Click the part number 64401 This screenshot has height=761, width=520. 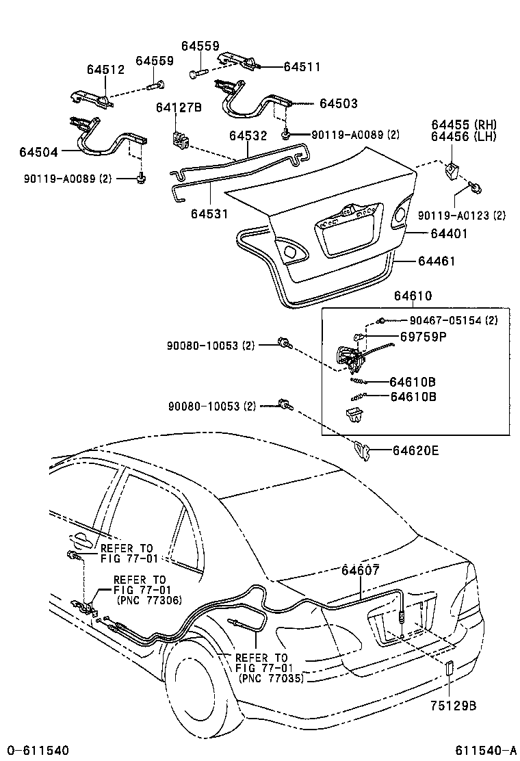point(449,234)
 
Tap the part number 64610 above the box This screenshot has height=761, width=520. point(413,296)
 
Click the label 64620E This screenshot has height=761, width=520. point(416,450)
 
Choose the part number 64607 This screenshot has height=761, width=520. point(360,570)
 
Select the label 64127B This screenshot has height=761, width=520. point(179,107)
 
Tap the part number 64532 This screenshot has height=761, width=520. point(248,136)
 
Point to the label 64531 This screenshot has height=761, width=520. point(209,214)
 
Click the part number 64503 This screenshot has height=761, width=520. point(338,103)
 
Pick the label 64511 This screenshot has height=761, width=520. point(302,67)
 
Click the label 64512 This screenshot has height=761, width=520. point(105,69)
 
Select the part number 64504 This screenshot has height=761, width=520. point(38,151)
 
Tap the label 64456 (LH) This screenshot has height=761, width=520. point(464,137)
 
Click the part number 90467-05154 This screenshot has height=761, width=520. point(444,320)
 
